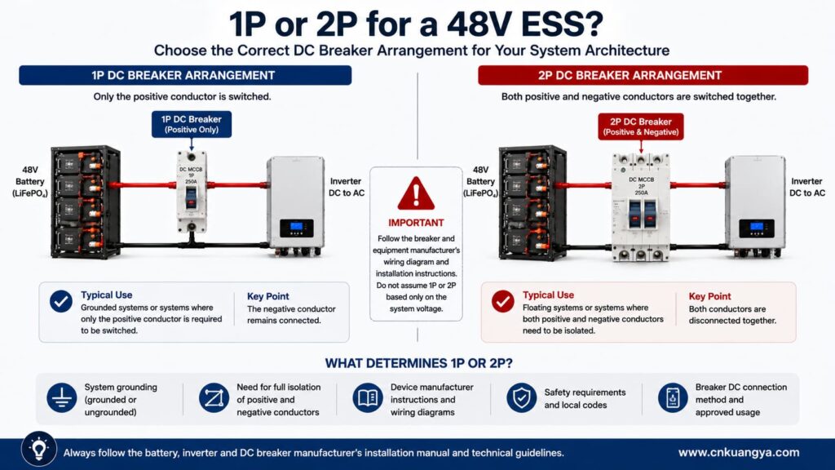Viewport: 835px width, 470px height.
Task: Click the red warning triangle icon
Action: coord(416,193)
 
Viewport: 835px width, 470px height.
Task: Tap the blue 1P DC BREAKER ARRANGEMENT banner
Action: coord(185,75)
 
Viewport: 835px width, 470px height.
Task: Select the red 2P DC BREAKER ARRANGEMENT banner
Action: coord(643,75)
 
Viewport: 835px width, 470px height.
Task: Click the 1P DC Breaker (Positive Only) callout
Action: coord(192,124)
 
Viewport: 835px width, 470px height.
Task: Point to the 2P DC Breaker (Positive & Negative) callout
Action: coord(641,126)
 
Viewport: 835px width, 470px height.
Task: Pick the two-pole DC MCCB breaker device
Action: coord(641,206)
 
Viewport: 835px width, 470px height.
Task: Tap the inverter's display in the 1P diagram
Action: coord(297,228)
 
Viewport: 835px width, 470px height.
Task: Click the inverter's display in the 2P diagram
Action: coord(756,228)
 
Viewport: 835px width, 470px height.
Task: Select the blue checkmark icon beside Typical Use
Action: coord(61,301)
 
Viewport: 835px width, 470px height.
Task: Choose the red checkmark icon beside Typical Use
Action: coord(502,301)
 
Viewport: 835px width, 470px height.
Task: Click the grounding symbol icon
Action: coord(62,397)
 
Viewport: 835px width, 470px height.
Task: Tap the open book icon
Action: coord(368,397)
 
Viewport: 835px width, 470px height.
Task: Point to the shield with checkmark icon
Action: coord(521,397)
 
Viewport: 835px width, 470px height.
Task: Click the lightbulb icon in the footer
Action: coord(39,449)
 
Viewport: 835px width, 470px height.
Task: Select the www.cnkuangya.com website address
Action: coord(739,452)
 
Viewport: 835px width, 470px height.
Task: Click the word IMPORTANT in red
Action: coord(416,223)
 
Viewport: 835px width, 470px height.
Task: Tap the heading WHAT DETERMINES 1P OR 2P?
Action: coord(418,363)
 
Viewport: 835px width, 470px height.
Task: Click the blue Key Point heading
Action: coord(267,296)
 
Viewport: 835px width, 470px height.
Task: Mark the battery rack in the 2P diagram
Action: coord(532,203)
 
